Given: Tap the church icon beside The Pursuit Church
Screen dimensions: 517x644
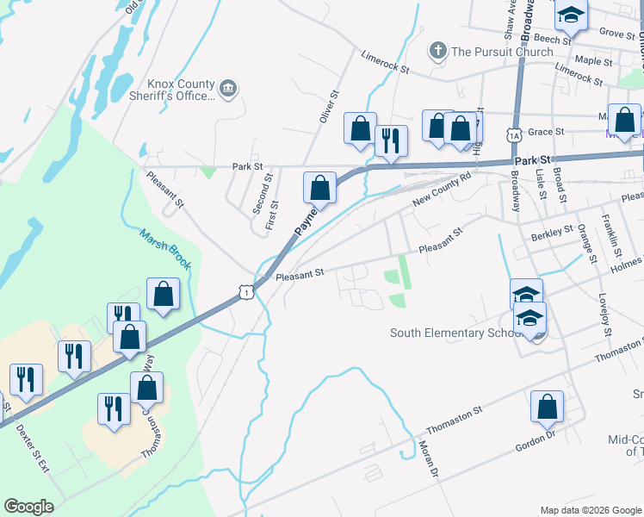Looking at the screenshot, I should point(437,51).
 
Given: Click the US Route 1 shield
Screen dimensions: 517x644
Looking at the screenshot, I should point(247,293).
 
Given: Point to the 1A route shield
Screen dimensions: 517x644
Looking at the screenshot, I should point(514,135).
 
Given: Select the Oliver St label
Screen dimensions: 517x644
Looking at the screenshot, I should point(329,107).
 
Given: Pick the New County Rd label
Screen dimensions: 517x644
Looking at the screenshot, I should point(443,189).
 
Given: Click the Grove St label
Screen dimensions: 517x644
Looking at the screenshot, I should point(616,33).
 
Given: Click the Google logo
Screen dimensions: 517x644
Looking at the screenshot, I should point(28,507).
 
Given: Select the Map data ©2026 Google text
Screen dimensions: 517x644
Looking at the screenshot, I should point(591,510).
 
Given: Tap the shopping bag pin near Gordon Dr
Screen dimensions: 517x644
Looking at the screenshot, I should point(548,408).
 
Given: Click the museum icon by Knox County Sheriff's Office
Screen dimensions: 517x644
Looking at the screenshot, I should point(228,88).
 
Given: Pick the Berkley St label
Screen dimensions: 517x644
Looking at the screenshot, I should point(552,232).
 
